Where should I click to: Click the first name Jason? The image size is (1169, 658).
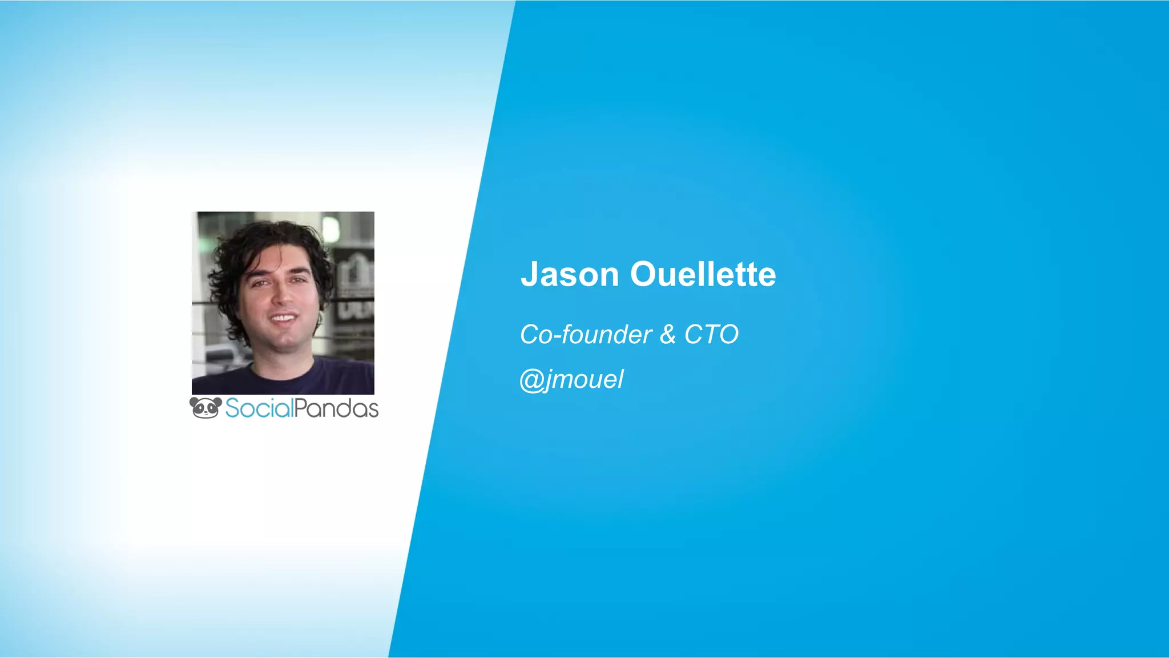point(570,275)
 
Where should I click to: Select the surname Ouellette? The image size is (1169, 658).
point(703,275)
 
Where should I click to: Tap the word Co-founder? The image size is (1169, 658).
point(586,335)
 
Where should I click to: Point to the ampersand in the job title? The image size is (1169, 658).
point(668,335)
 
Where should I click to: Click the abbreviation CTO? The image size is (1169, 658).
point(711,335)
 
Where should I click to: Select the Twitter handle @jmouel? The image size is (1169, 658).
point(572,380)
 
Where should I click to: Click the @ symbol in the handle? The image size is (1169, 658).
point(531,380)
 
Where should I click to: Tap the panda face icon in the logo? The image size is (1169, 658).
point(205,408)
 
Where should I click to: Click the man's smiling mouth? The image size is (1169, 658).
point(283,318)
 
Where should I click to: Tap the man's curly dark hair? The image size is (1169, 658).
point(268,240)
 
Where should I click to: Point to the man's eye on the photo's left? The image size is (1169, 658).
point(260,283)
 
